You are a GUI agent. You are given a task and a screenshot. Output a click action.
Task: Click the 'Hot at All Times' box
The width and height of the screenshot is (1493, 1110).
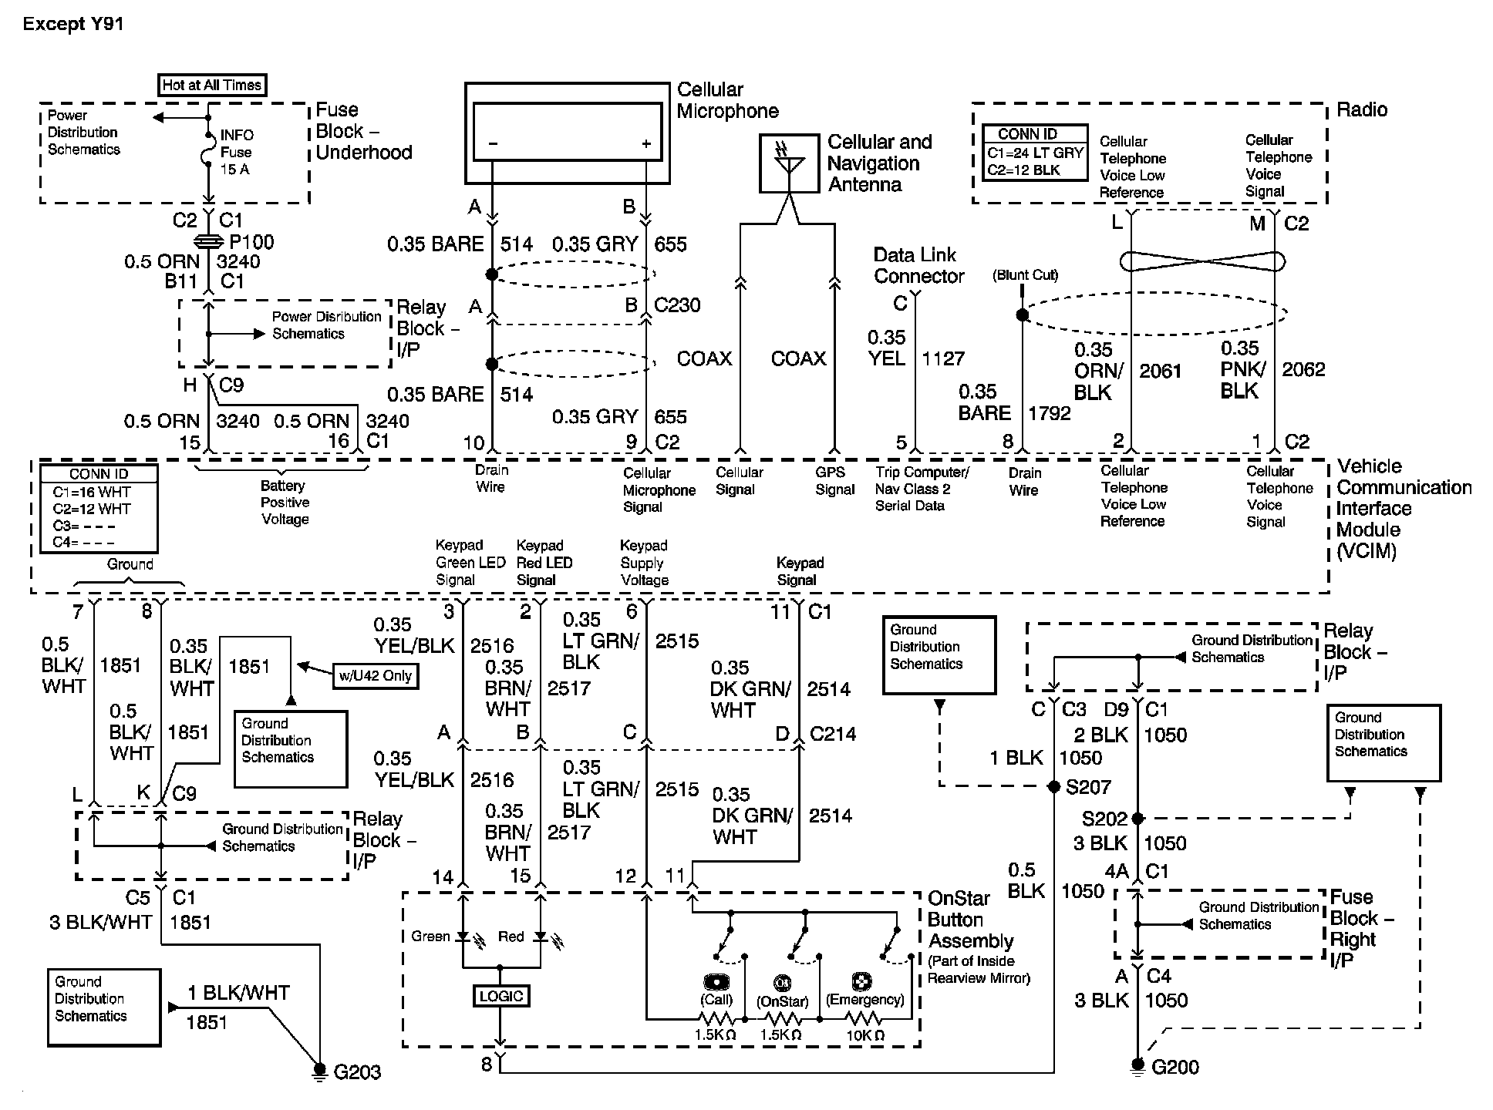[x=212, y=85]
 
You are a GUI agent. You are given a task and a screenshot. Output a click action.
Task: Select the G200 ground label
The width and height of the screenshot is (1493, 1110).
[x=1175, y=1067]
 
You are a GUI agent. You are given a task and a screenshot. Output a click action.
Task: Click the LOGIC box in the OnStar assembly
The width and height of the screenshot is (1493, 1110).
[x=500, y=996]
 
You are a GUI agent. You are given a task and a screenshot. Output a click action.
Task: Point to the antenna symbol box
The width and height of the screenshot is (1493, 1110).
[x=789, y=163]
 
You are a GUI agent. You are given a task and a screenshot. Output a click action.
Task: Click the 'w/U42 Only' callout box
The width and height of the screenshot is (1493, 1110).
[x=376, y=676]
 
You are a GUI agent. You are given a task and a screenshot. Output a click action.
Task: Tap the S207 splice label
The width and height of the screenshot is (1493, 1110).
[x=1088, y=787]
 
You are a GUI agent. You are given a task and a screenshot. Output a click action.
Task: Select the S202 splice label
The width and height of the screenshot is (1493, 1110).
[x=1104, y=819]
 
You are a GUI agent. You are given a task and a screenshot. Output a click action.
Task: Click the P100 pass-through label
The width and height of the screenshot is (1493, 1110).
[x=251, y=242]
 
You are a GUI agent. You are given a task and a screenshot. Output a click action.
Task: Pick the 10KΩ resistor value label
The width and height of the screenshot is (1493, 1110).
[x=865, y=1035]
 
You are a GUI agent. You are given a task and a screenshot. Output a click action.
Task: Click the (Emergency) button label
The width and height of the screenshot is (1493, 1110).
[x=864, y=1000]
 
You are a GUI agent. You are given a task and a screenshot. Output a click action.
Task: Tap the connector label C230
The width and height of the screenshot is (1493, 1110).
[x=677, y=305]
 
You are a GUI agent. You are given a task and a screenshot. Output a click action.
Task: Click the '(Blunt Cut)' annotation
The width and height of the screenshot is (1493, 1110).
[x=1025, y=275]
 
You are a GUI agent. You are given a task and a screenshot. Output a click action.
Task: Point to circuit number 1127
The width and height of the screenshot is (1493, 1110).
[x=943, y=358]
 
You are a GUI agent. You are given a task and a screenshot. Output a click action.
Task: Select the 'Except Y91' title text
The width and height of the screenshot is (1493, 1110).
[x=73, y=24]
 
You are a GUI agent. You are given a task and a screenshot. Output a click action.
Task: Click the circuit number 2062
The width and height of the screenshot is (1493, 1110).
[x=1303, y=369]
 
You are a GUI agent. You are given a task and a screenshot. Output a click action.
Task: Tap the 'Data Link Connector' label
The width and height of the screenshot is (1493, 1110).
[x=918, y=265]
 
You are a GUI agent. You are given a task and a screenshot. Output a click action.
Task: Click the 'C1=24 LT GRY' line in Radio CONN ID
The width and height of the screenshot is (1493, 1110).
[x=1035, y=153]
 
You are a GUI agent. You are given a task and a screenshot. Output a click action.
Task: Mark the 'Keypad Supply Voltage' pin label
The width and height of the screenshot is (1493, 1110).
[x=644, y=563]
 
